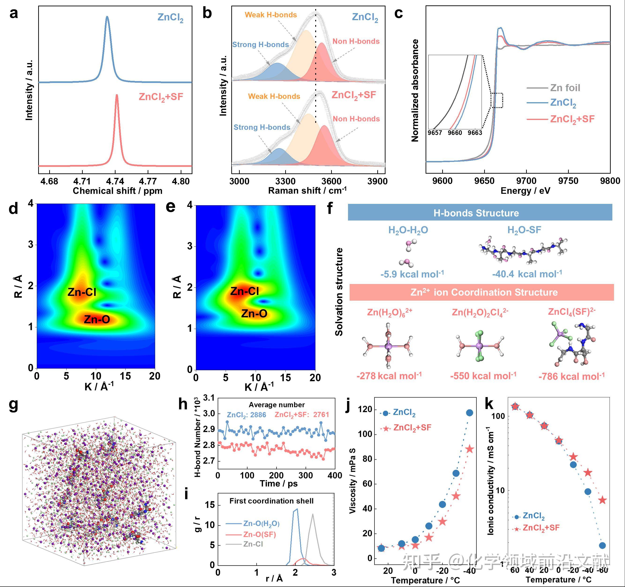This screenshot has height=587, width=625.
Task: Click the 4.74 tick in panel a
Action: [115, 181]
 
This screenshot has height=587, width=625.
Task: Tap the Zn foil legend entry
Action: [565, 88]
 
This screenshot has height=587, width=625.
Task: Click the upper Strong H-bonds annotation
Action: [260, 45]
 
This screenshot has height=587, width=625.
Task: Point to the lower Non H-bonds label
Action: [356, 119]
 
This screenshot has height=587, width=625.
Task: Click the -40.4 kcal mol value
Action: [527, 274]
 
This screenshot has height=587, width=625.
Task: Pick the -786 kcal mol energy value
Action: [571, 376]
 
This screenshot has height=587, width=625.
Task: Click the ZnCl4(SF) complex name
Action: [572, 312]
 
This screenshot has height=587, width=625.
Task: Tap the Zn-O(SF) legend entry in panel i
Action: [259, 535]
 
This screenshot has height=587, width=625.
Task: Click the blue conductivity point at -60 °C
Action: [602, 546]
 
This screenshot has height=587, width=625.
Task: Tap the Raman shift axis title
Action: [307, 191]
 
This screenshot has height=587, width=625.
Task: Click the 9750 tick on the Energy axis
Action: [568, 181]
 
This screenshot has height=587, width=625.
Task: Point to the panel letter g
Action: [14, 405]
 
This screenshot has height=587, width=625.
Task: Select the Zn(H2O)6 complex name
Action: [389, 312]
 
